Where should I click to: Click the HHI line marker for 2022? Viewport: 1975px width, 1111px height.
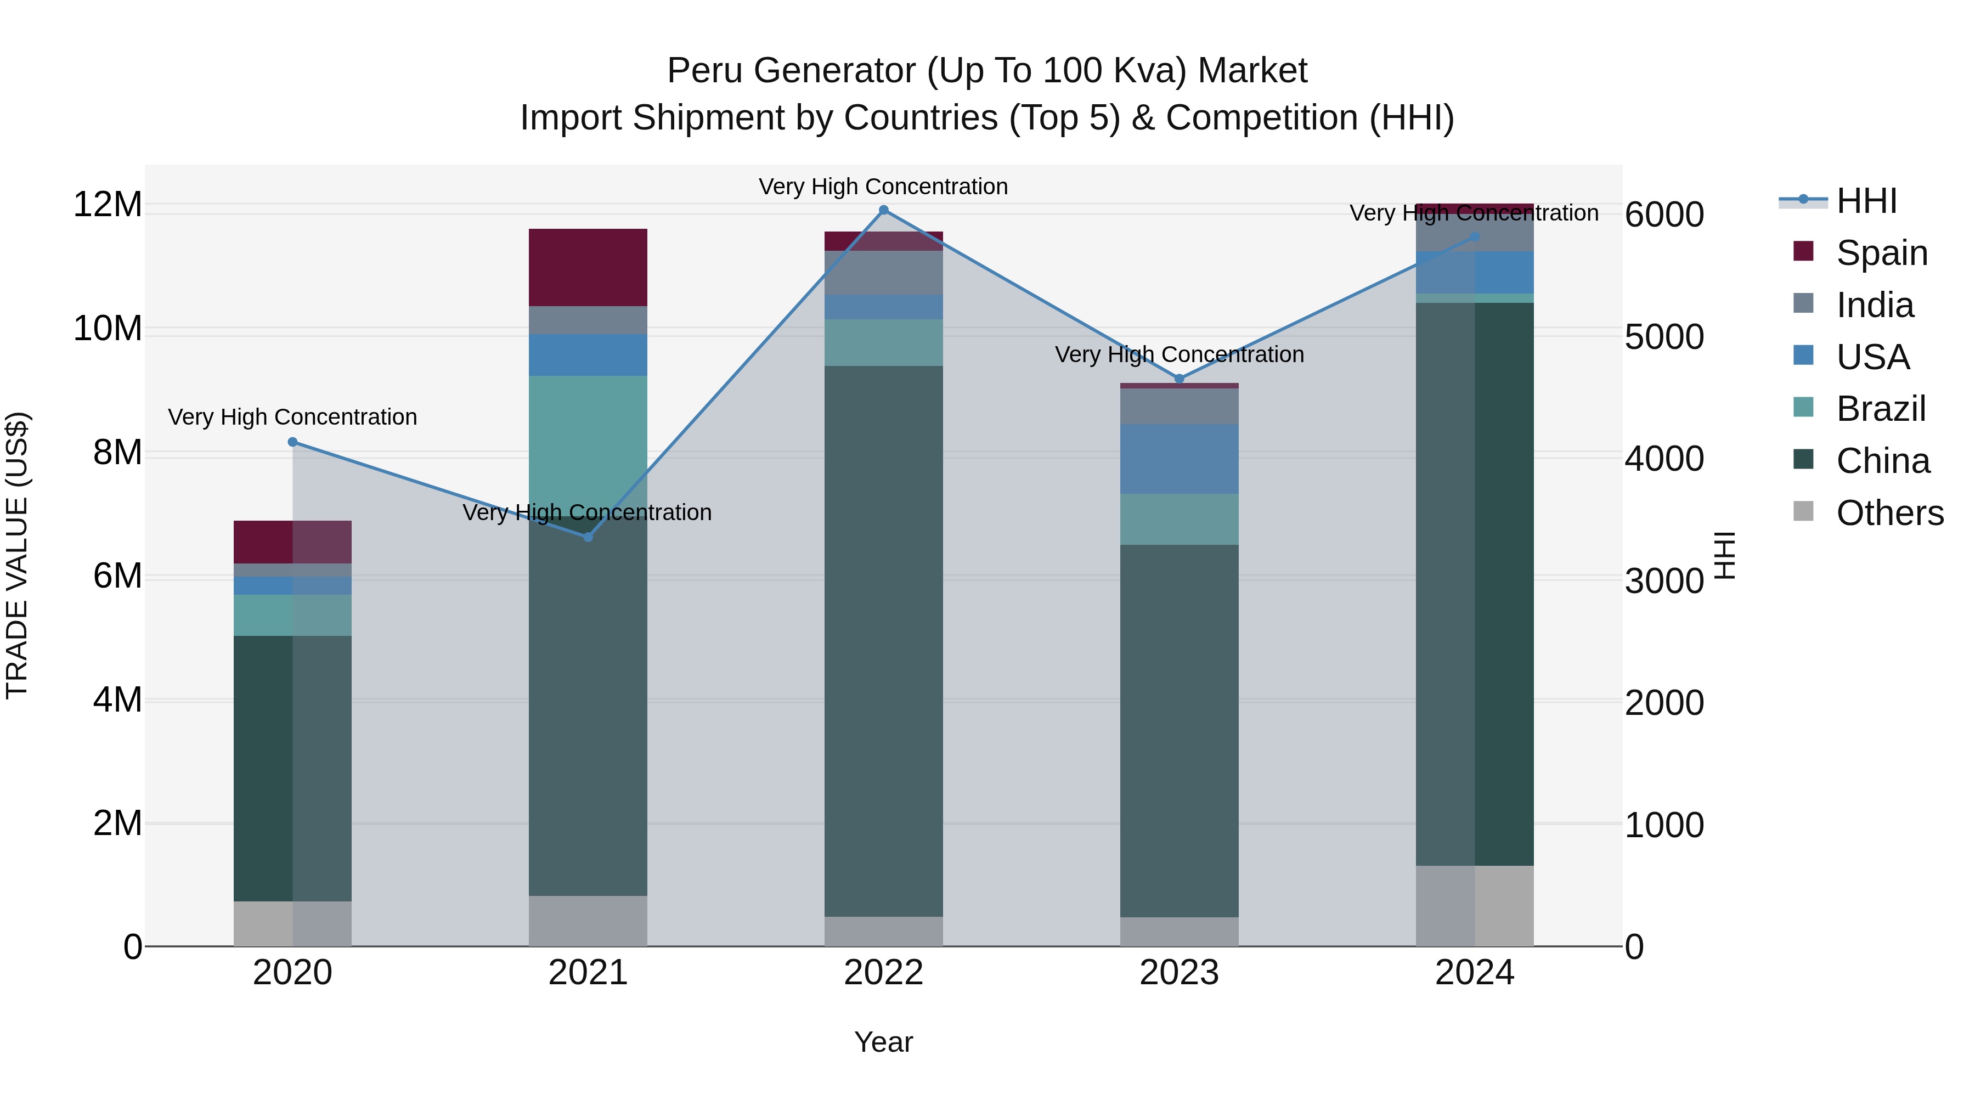pyautogui.click(x=883, y=210)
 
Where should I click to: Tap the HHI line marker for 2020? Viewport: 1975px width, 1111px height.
pyautogui.click(x=292, y=442)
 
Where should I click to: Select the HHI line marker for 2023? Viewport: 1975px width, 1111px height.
pyautogui.click(x=1179, y=379)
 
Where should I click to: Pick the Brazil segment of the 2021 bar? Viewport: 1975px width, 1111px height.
pyautogui.click(x=588, y=437)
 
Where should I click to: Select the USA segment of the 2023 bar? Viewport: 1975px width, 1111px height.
pyautogui.click(x=1179, y=459)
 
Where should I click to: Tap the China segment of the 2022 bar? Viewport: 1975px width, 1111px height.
pyautogui.click(x=883, y=640)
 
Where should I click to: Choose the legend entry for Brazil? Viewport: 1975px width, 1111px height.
pyautogui.click(x=1880, y=409)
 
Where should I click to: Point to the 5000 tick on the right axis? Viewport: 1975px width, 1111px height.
pyautogui.click(x=1664, y=337)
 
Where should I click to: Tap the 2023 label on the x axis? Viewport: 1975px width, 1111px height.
pyautogui.click(x=1179, y=973)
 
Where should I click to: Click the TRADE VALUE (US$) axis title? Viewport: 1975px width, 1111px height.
pyautogui.click(x=17, y=555)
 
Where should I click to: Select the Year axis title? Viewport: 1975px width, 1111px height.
pyautogui.click(x=883, y=1042)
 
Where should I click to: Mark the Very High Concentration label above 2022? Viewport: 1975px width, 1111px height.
pyautogui.click(x=883, y=187)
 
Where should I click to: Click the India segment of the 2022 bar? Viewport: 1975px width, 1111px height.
pyautogui.click(x=883, y=272)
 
